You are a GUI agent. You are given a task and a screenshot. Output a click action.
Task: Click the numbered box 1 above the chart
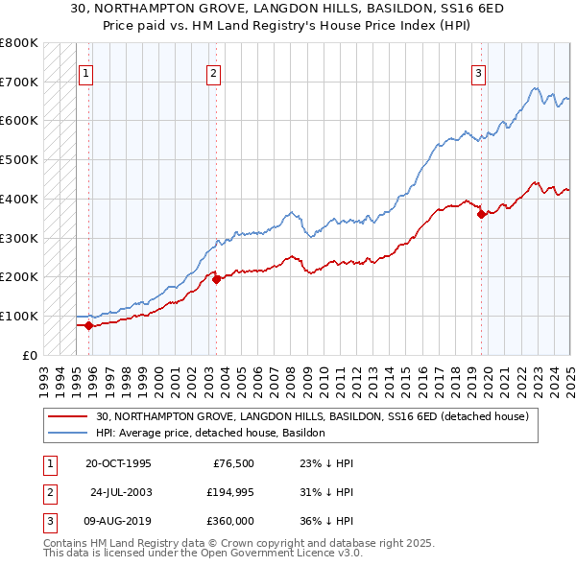pos(86,72)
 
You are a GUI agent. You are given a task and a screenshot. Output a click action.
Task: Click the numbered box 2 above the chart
pos(213,72)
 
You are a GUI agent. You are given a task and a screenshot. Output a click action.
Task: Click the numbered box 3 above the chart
pos(478,72)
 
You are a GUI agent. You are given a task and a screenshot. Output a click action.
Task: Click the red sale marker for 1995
pos(88,325)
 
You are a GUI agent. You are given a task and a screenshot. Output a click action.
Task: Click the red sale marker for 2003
pos(216,279)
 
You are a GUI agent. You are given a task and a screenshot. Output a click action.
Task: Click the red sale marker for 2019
pos(481,215)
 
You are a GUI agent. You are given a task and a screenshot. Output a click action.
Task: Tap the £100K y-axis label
pos(19,316)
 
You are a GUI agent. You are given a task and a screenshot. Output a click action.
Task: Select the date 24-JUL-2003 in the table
pos(122,492)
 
